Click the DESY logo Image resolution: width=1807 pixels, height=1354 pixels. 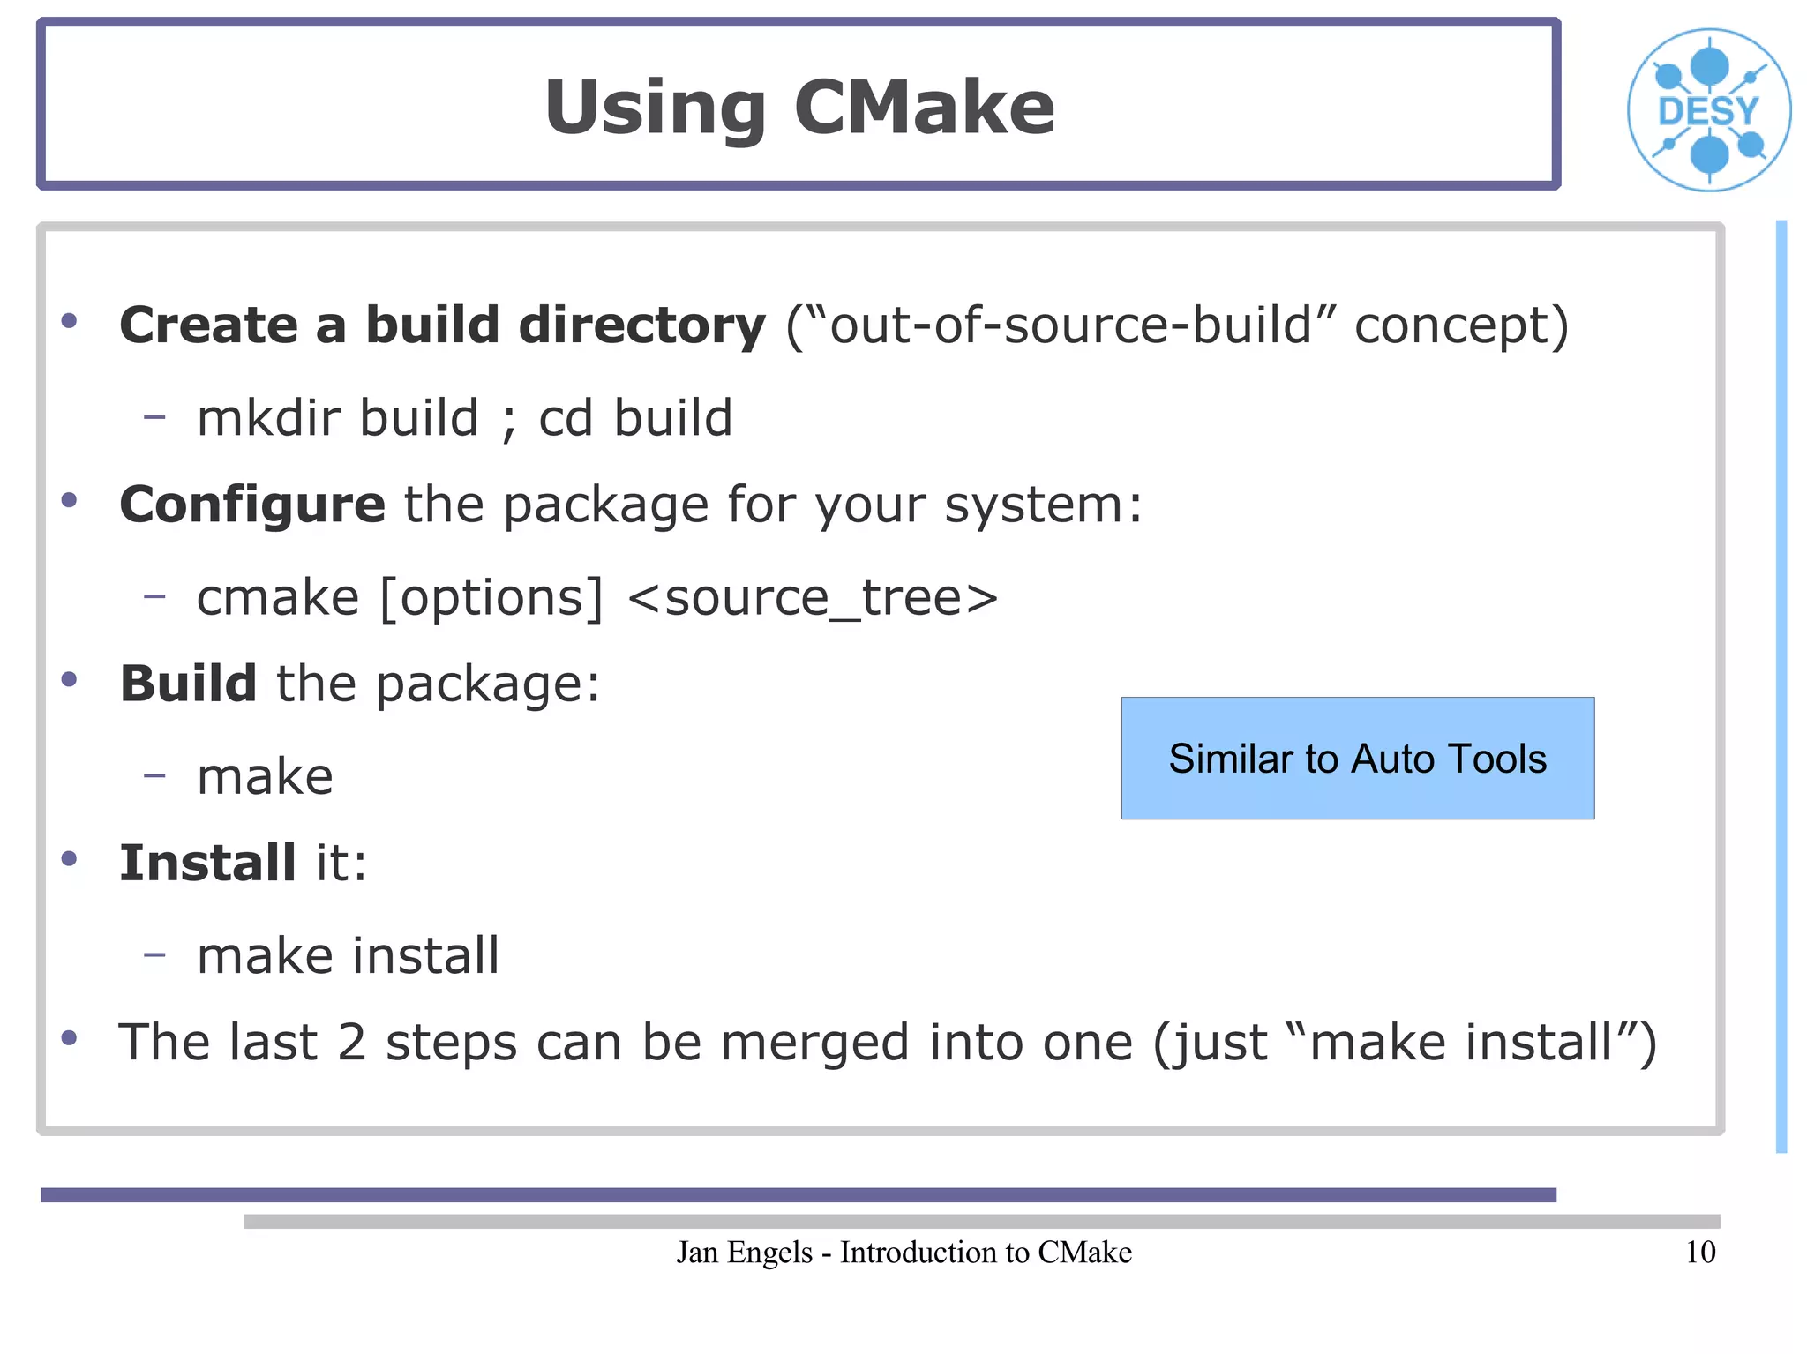point(1708,110)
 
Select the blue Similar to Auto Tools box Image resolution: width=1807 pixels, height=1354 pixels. point(1357,758)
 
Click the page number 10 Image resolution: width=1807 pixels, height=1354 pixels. point(1699,1252)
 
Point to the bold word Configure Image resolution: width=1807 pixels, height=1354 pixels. point(252,505)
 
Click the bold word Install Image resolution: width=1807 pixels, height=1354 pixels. point(207,863)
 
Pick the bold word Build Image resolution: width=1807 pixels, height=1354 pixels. point(188,684)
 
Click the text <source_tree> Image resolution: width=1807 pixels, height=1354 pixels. point(813,598)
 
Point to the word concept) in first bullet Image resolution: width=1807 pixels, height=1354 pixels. point(1461,326)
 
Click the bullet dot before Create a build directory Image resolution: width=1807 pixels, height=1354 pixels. point(69,321)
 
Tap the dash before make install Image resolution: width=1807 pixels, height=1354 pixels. point(154,954)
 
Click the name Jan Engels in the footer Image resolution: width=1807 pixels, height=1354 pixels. point(744,1252)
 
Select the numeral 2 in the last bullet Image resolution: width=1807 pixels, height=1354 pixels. point(351,1043)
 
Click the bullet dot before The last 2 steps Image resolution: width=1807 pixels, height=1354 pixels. point(69,1038)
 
